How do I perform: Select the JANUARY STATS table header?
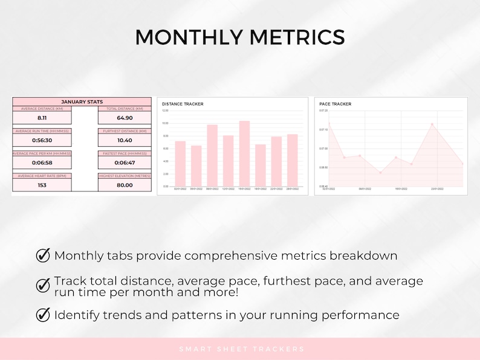tap(82, 102)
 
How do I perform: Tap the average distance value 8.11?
tap(42, 118)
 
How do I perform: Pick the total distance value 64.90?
tap(125, 118)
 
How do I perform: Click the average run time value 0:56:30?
tap(42, 140)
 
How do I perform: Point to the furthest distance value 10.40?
tap(125, 140)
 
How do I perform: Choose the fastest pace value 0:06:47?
tap(125, 162)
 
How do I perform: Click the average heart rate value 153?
tap(42, 185)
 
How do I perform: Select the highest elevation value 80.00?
tap(125, 185)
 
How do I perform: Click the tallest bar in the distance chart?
tap(244, 153)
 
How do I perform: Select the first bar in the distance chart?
tap(180, 164)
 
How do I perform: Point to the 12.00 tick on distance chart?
tap(165, 111)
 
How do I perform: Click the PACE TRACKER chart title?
tap(335, 104)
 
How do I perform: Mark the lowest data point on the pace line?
tap(380, 173)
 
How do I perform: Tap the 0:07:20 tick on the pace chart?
tap(323, 111)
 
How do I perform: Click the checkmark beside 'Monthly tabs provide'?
tap(44, 255)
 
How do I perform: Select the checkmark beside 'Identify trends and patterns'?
tap(44, 314)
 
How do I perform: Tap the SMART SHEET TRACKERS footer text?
tap(241, 349)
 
